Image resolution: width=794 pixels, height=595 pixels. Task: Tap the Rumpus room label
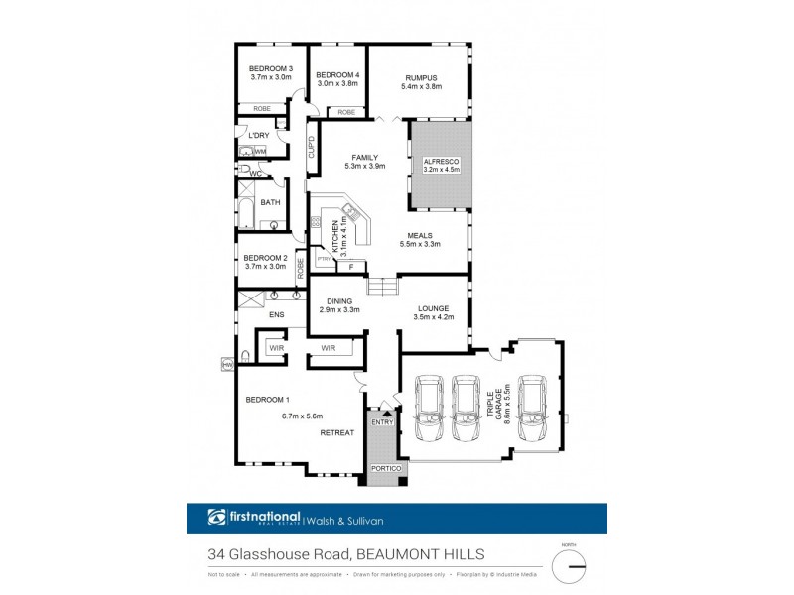pos(421,76)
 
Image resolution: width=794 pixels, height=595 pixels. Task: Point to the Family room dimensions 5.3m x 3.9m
pos(364,166)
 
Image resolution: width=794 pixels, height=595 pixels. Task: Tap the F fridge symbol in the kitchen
pos(350,266)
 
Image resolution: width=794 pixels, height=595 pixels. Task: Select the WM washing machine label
pos(260,152)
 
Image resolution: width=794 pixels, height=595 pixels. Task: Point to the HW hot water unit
pos(227,365)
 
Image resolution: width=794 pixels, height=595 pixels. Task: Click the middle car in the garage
pos(466,407)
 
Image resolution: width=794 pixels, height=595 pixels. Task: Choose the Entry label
pos(383,422)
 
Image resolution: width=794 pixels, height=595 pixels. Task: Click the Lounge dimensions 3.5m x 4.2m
pos(434,317)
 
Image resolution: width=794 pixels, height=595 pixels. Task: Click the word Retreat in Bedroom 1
pos(335,434)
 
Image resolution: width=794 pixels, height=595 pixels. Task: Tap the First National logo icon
pos(217,517)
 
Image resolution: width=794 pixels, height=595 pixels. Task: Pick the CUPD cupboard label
pos(311,147)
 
